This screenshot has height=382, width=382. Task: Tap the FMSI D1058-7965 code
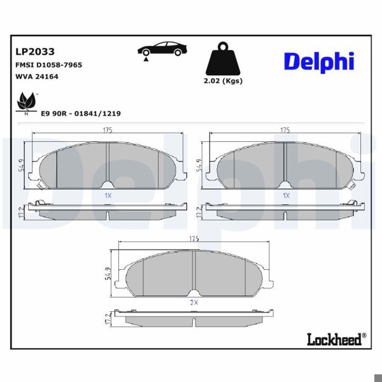pyautogui.click(x=48, y=65)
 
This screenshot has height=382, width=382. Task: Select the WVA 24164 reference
pyautogui.click(x=36, y=77)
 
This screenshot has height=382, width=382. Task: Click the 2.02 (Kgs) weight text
pyautogui.click(x=223, y=81)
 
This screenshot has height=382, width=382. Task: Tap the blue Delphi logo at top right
pyautogui.click(x=318, y=62)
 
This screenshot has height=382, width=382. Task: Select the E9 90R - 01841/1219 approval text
pyautogui.click(x=80, y=113)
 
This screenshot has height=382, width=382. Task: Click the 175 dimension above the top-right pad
pyautogui.click(x=285, y=130)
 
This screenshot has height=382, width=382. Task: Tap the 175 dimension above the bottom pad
pyautogui.click(x=194, y=238)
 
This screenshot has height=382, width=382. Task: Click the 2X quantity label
pyautogui.click(x=194, y=303)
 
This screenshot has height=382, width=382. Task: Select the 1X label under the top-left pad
pyautogui.click(x=108, y=195)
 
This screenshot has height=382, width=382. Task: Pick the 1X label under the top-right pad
pyautogui.click(x=286, y=195)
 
